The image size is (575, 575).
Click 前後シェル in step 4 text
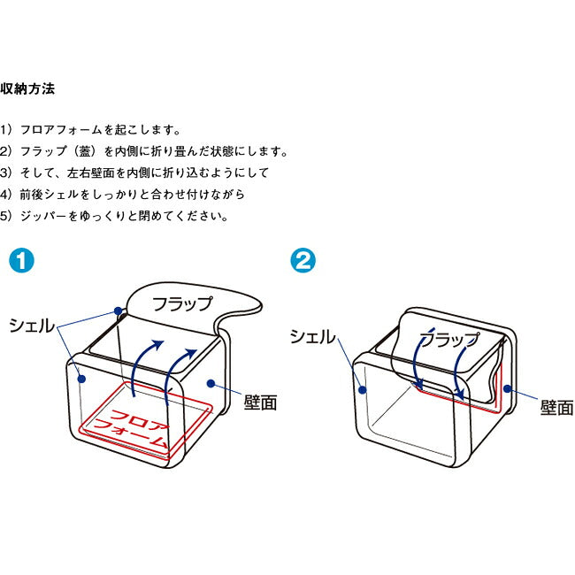(50, 194)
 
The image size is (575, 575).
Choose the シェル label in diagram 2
(313, 336)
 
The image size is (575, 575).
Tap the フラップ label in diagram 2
(448, 338)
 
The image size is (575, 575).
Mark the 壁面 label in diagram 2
(557, 409)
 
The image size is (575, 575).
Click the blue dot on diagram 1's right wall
(211, 383)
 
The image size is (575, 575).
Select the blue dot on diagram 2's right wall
(507, 388)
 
